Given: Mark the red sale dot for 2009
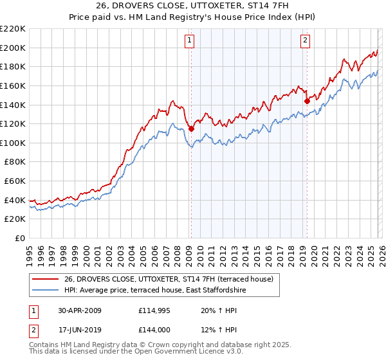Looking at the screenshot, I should pos(191,129).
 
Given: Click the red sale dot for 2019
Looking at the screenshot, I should pos(307,100).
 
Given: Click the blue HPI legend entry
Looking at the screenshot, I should pos(155,291).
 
